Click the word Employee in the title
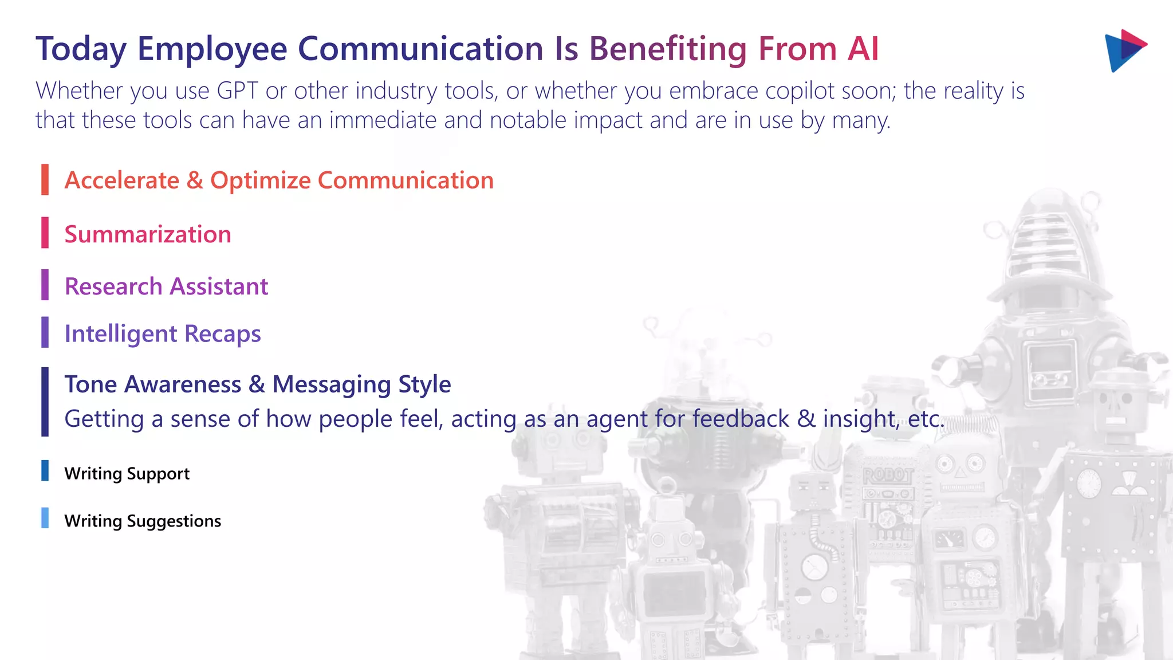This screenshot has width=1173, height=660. click(x=212, y=49)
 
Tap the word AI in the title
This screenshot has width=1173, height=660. click(x=863, y=49)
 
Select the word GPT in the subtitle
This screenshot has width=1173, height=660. click(x=237, y=91)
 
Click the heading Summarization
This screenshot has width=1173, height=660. click(x=148, y=234)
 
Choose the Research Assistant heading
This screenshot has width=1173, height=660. click(x=166, y=286)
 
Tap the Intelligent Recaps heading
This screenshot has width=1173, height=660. click(x=163, y=334)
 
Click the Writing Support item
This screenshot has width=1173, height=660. click(x=127, y=474)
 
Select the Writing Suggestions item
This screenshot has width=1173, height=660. click(x=143, y=521)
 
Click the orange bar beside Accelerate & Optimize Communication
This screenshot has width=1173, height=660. click(x=45, y=180)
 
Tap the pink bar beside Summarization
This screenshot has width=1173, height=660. click(x=45, y=233)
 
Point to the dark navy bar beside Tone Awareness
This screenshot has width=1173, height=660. click(x=45, y=402)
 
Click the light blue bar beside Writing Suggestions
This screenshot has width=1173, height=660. click(x=45, y=518)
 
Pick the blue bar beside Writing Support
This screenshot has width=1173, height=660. click(x=45, y=470)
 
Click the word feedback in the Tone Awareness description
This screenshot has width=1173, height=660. click(x=740, y=419)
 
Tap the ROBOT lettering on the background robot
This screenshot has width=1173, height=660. click(x=887, y=475)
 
